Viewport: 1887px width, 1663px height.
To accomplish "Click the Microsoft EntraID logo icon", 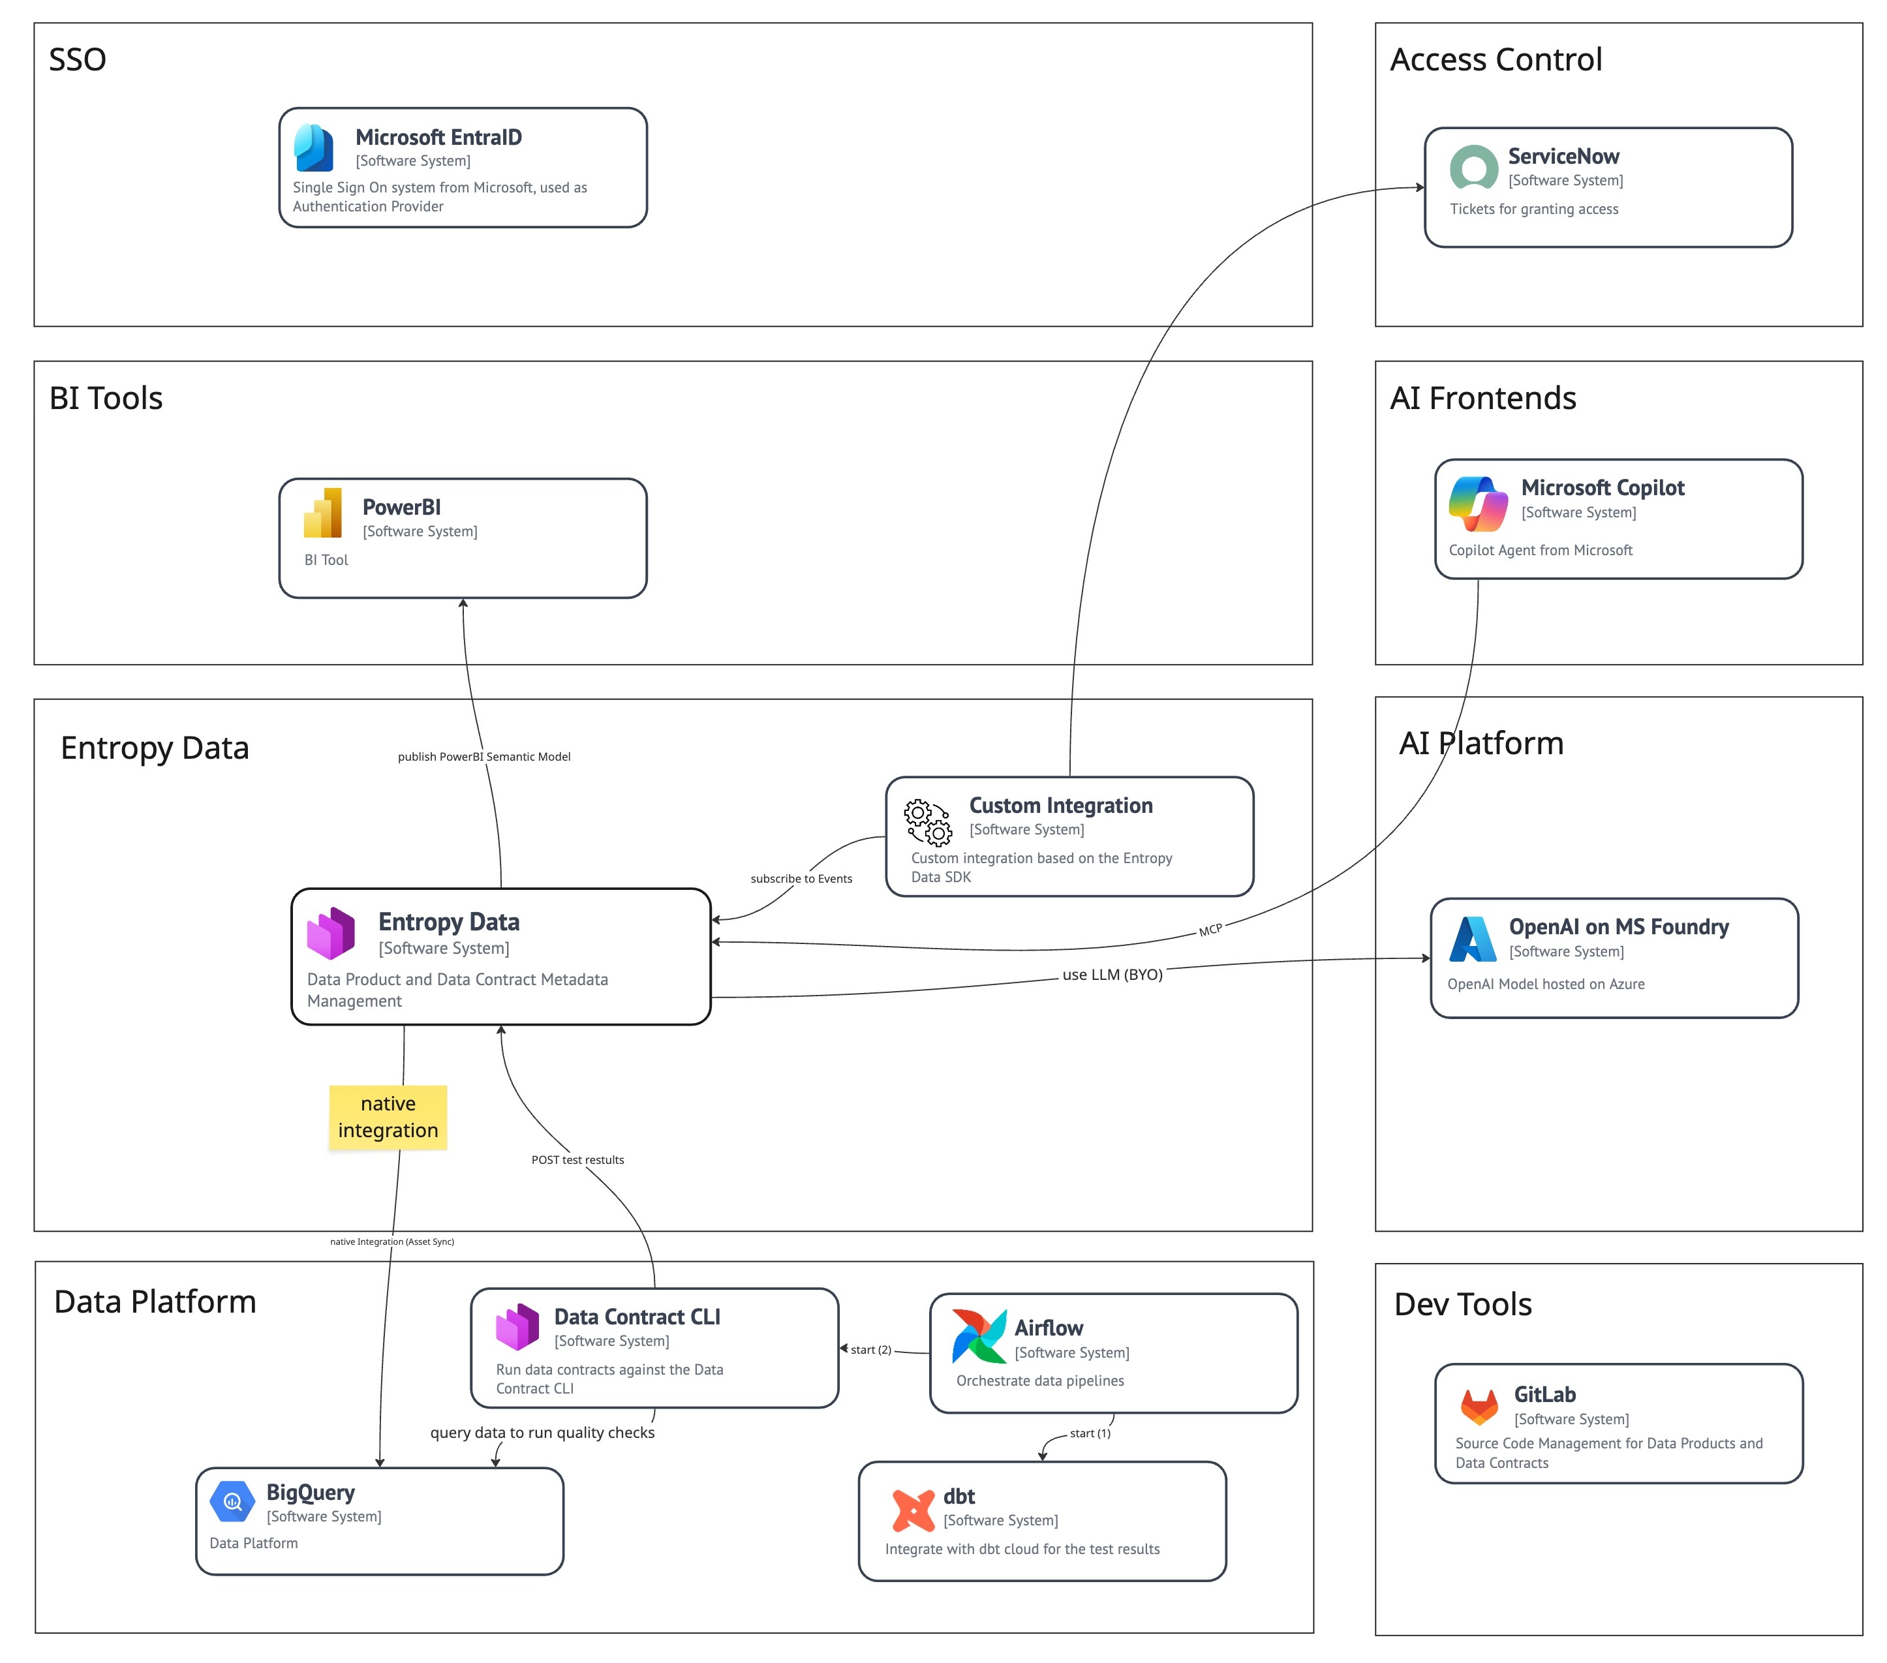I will pos(314,147).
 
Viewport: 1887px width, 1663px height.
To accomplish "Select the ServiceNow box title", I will pos(1563,156).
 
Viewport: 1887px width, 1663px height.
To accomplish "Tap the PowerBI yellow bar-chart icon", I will pos(323,513).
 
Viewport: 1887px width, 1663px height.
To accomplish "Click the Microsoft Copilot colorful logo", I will pos(1478,504).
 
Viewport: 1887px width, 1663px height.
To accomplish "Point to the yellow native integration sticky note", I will pos(388,1117).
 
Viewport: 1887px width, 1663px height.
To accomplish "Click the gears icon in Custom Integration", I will pos(928,822).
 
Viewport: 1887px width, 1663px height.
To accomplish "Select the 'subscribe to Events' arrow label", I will pos(801,879).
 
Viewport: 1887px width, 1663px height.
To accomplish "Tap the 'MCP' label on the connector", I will pos(1210,930).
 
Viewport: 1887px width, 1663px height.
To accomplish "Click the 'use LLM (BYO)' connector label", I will pos(1112,975).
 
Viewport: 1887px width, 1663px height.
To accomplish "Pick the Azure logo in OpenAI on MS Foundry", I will pos(1473,939).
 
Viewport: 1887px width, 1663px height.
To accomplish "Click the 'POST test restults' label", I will pos(578,1160).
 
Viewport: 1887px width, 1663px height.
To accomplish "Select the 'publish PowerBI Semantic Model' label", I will pos(483,757).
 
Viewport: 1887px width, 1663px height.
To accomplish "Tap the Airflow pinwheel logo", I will pos(979,1335).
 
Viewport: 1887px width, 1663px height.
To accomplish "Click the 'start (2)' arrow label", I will pos(870,1349).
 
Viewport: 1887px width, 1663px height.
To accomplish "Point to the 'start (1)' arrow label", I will pos(1090,1433).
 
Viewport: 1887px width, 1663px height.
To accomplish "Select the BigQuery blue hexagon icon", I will pos(232,1501).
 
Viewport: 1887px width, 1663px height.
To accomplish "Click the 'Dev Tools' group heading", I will pos(1462,1304).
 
